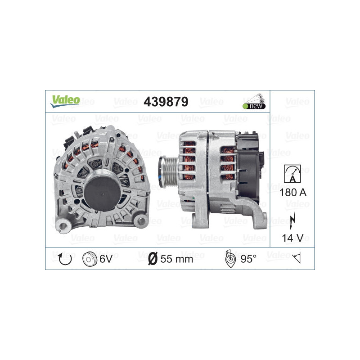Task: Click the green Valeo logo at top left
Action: [x=65, y=100]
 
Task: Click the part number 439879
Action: [x=166, y=102]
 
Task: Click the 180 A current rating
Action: [x=292, y=193]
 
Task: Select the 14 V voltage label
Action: [x=292, y=238]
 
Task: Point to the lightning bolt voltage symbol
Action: [x=292, y=217]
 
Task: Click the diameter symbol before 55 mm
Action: [x=153, y=258]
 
